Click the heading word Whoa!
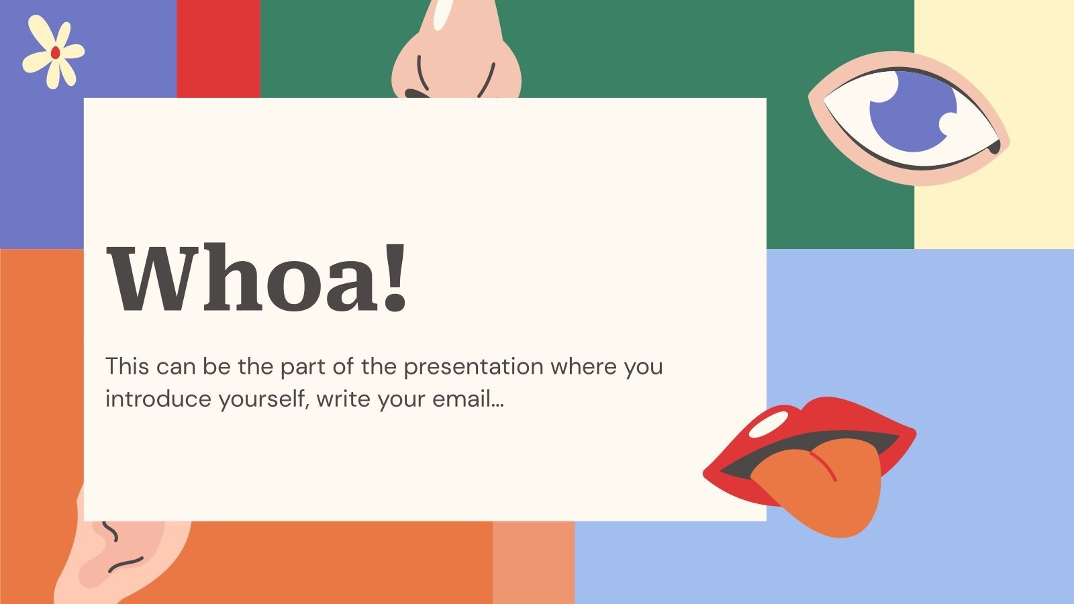click(257, 279)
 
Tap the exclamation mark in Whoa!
click(395, 279)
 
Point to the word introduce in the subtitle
click(158, 399)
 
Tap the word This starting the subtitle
click(127, 367)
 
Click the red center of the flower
click(55, 52)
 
